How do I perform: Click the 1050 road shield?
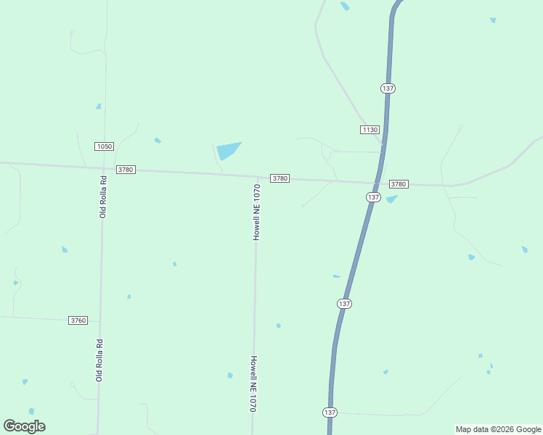(104, 146)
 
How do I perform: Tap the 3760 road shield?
(78, 320)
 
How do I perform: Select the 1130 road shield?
(370, 130)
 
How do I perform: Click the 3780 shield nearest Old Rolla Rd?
(126, 170)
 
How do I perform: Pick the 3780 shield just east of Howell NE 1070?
(280, 178)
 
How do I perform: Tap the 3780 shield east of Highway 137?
(399, 184)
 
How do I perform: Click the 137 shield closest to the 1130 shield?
(388, 88)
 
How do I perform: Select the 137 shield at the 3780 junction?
(373, 197)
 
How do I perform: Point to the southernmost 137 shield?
(330, 412)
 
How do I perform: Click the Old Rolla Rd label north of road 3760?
(104, 196)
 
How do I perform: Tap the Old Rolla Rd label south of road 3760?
(99, 360)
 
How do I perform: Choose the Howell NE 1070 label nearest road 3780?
(256, 212)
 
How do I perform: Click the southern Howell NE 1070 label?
(253, 384)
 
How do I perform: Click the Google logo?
(25, 426)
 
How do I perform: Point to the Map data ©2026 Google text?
(498, 429)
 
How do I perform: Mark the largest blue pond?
(228, 150)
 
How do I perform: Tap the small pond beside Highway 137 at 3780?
(392, 199)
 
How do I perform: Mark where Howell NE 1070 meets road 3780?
(257, 176)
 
